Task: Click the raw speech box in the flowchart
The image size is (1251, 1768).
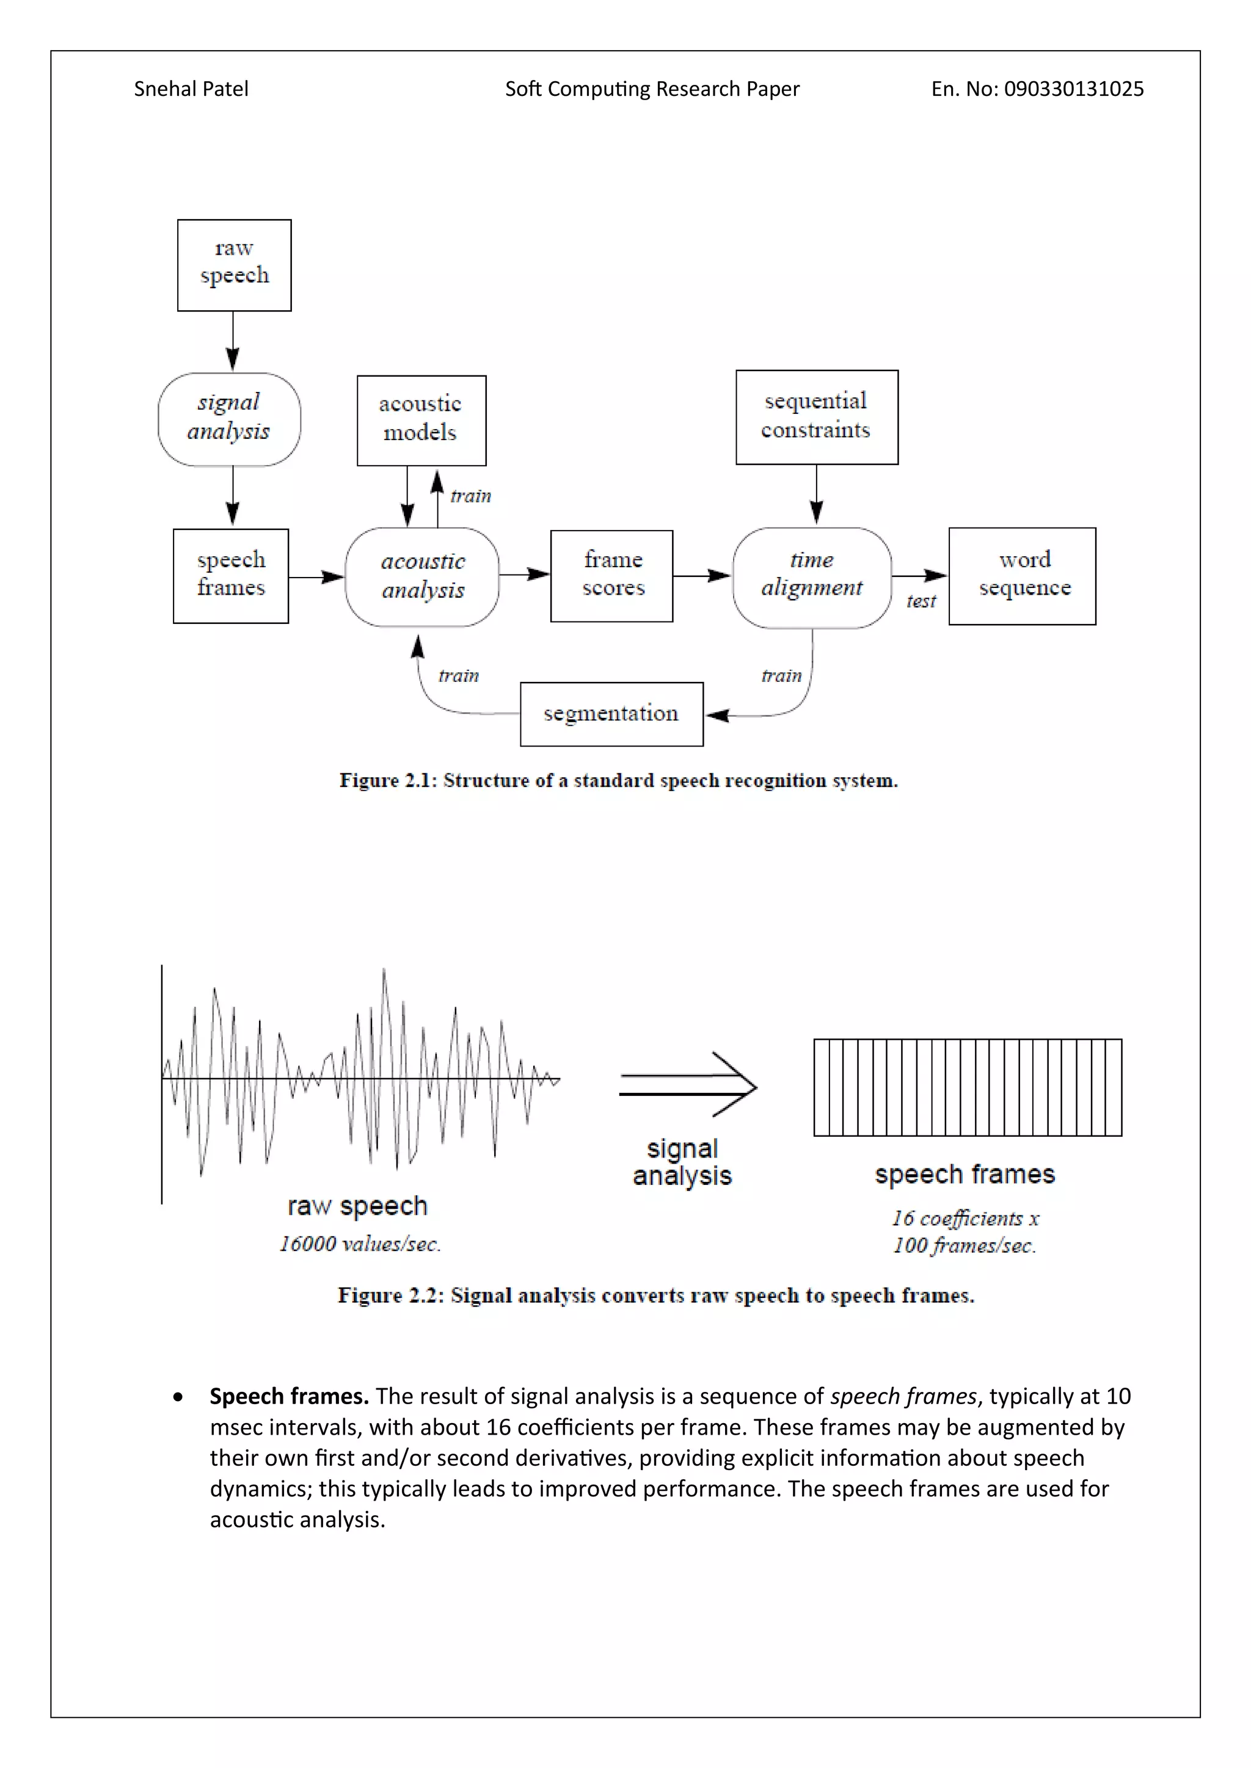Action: click(234, 265)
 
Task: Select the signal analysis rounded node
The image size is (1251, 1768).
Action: click(230, 419)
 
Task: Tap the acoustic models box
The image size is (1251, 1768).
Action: click(421, 421)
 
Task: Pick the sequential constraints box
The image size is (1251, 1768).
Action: click(817, 416)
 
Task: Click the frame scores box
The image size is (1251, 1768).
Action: click(611, 575)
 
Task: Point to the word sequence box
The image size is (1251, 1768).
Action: click(1022, 575)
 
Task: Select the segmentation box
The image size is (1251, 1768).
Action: click(611, 714)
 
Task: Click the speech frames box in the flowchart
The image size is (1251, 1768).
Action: click(231, 575)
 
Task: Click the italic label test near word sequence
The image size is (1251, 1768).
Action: click(921, 601)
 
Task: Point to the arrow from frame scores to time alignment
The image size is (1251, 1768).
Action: click(702, 575)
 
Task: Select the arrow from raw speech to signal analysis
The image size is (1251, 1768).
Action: click(233, 341)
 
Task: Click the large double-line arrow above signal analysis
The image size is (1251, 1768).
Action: click(688, 1084)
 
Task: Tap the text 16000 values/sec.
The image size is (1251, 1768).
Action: click(360, 1244)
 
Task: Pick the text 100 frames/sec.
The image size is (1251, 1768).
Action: click(965, 1245)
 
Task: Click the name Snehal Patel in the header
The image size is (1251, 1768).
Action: click(191, 89)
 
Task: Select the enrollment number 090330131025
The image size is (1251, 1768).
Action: click(1074, 89)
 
